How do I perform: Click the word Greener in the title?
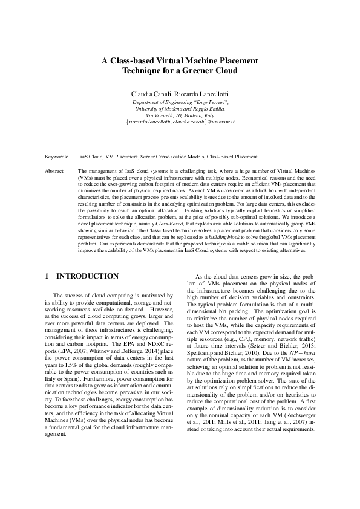pyautogui.click(x=201, y=71)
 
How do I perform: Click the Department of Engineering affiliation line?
pyautogui.click(x=180, y=103)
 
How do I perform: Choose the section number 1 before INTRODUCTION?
pyautogui.click(x=47, y=276)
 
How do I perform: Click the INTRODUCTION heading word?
pyautogui.click(x=88, y=276)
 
